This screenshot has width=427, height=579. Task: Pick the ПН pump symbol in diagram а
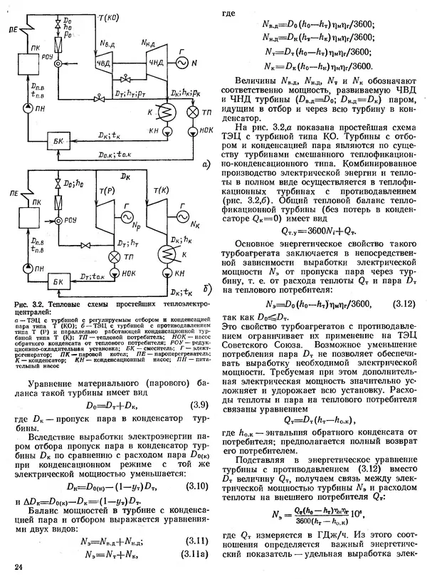tap(27, 109)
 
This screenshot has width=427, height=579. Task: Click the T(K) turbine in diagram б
tap(159, 211)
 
